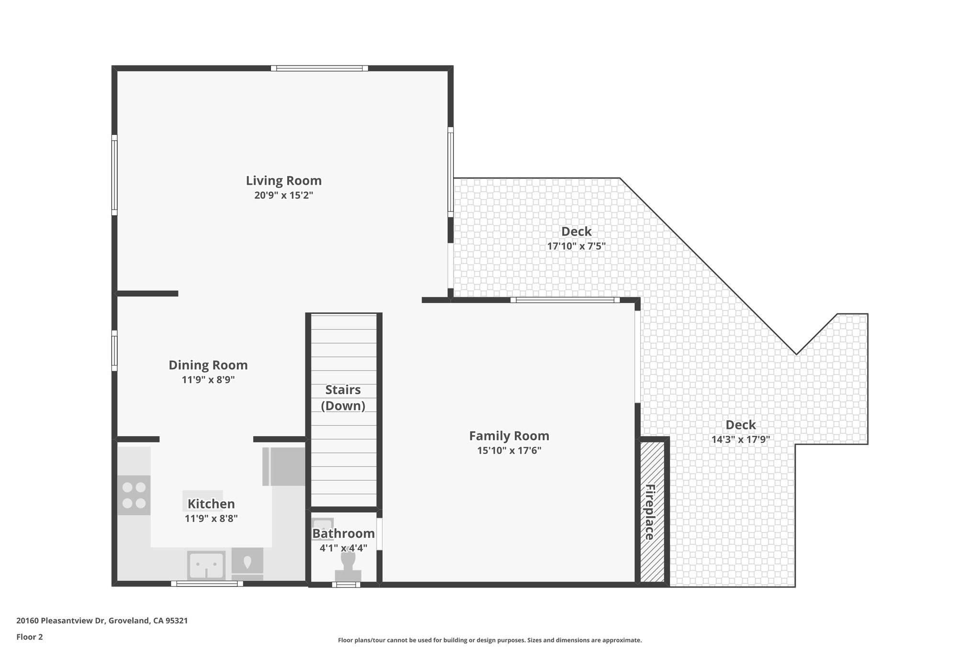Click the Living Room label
click(x=283, y=181)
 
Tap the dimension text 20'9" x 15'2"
click(x=283, y=195)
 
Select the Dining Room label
click(x=208, y=365)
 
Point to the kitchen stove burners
click(x=134, y=495)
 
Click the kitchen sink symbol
click(x=206, y=565)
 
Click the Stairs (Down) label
click(x=343, y=398)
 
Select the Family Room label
click(x=509, y=436)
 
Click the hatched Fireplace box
click(x=652, y=512)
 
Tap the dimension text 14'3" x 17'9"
click(x=740, y=440)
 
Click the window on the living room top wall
click(x=319, y=68)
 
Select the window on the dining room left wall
click(x=114, y=350)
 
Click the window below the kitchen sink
click(x=207, y=584)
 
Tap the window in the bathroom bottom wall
click(x=346, y=585)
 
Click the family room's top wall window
click(x=565, y=300)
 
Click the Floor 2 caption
click(x=30, y=637)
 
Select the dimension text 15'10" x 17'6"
click(x=509, y=451)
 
